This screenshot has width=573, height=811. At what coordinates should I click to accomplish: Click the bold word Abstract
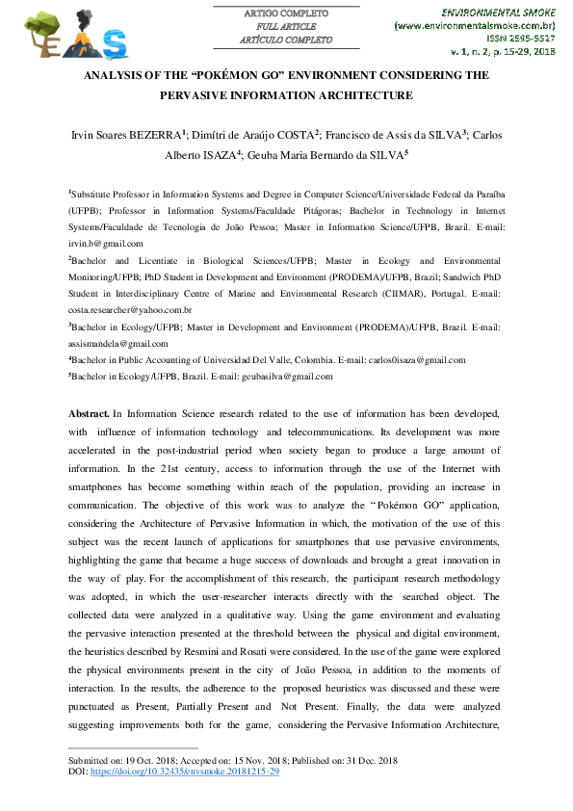click(89, 413)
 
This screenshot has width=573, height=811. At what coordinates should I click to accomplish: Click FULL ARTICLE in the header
click(287, 27)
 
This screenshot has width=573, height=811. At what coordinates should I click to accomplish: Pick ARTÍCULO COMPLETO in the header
click(286, 40)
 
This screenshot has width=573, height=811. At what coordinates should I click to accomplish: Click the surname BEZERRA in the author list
click(146, 135)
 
